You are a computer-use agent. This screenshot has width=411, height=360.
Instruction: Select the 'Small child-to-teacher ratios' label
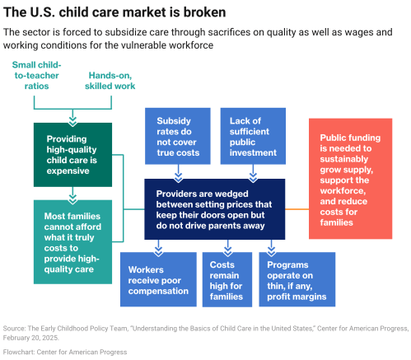pos(40,75)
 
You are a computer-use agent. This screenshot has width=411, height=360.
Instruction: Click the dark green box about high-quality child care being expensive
pos(72,153)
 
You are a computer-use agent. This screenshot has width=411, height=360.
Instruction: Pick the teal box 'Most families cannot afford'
pos(72,241)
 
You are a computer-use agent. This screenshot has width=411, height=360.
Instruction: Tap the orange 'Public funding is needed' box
pos(350,178)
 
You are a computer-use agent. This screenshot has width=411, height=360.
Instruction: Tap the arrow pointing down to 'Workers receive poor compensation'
pos(158,245)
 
